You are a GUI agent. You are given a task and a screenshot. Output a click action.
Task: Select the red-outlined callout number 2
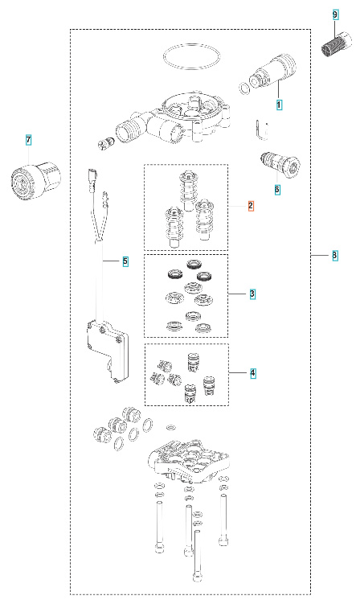click(251, 207)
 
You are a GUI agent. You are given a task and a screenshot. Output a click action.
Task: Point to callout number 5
click(125, 261)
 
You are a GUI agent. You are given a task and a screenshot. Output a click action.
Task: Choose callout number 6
click(277, 191)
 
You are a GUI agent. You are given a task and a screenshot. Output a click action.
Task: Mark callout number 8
click(334, 256)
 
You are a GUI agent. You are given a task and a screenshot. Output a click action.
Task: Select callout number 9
click(336, 15)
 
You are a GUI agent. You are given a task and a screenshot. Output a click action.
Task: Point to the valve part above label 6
click(279, 165)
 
